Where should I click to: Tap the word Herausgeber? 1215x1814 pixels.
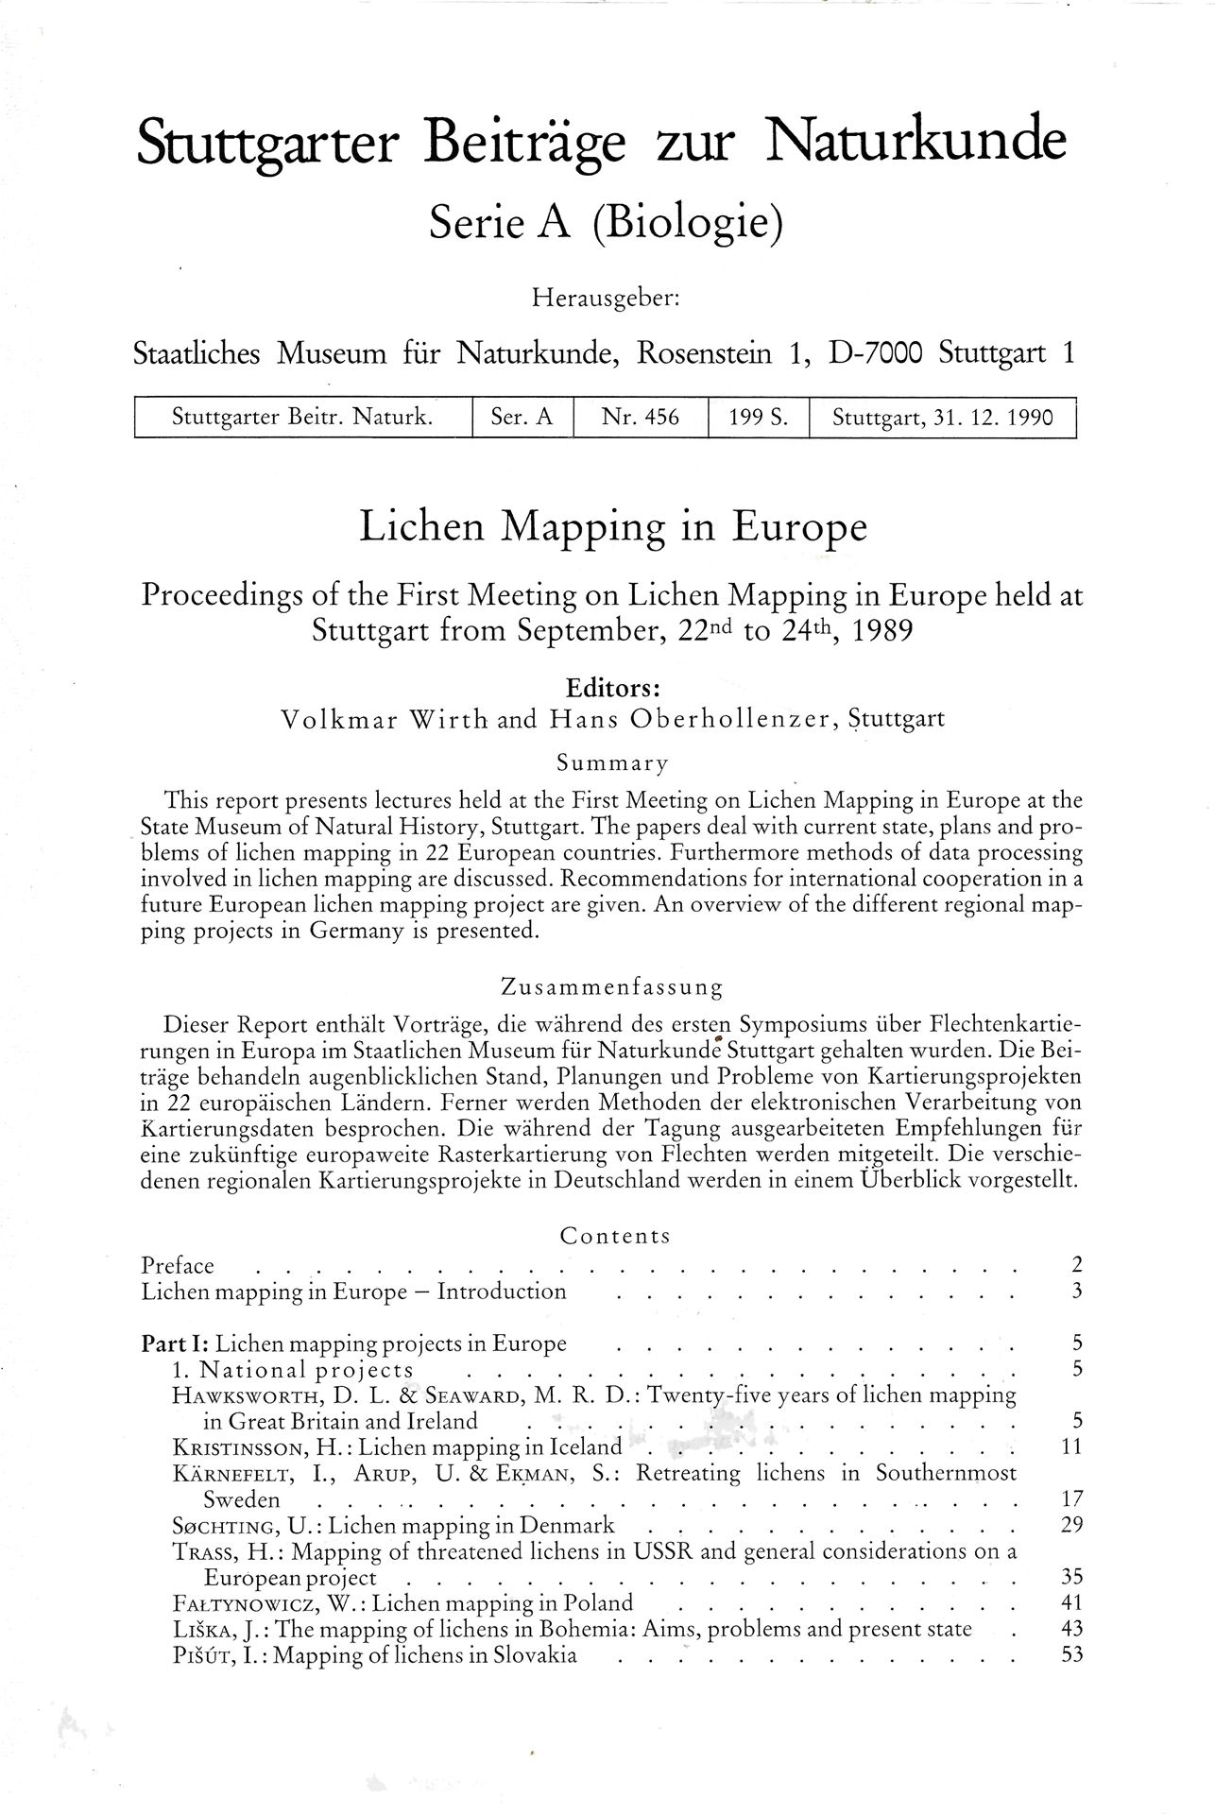point(606,299)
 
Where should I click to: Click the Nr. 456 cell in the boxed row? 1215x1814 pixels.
point(640,417)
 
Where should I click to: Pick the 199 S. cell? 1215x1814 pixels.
point(758,417)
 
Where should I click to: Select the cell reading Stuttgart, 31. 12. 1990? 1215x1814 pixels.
point(941,417)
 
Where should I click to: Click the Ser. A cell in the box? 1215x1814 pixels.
point(522,417)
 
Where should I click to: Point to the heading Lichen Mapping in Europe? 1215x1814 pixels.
point(612,526)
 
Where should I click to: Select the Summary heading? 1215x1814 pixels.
point(611,762)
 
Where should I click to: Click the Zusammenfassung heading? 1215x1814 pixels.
point(611,988)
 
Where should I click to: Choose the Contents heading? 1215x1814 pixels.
point(614,1236)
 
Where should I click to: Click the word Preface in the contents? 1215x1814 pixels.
point(178,1266)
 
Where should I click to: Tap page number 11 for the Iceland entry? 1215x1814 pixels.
point(1070,1446)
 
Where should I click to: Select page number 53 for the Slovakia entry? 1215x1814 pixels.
point(1070,1654)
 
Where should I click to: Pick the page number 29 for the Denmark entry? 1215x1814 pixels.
point(1070,1525)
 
